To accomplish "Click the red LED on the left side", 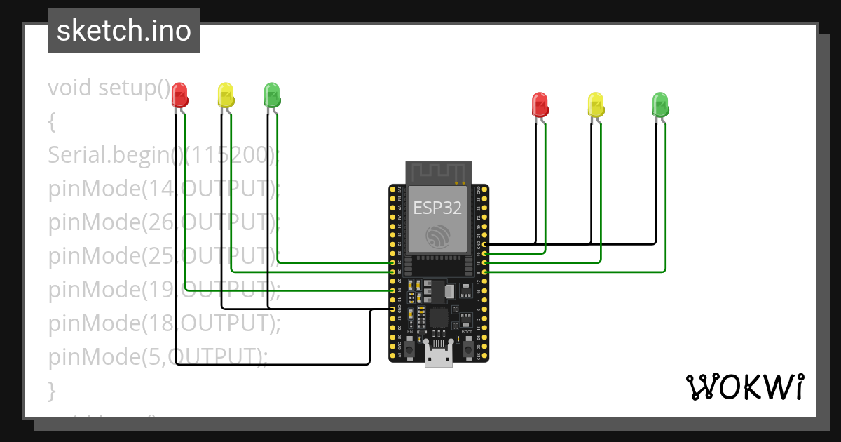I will pos(180,95).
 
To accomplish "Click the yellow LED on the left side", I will pos(226,95).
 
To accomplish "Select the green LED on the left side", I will pos(272,95).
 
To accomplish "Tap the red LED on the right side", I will pos(540,104).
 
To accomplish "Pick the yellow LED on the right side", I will pos(595,104).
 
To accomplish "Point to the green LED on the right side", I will pos(660,104).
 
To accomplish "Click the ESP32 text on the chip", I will pos(438,208).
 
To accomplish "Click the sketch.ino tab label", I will pos(124,31).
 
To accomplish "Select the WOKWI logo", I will pos(744,387).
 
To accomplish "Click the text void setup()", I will pos(109,88).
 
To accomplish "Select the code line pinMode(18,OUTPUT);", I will pos(164,323).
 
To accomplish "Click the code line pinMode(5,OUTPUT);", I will pos(158,356).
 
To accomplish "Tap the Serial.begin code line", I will pos(163,155).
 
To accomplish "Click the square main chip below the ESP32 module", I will pos(439,319).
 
